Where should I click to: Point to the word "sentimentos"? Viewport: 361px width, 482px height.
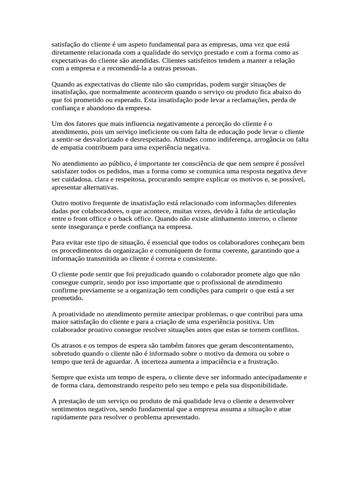[70, 409]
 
